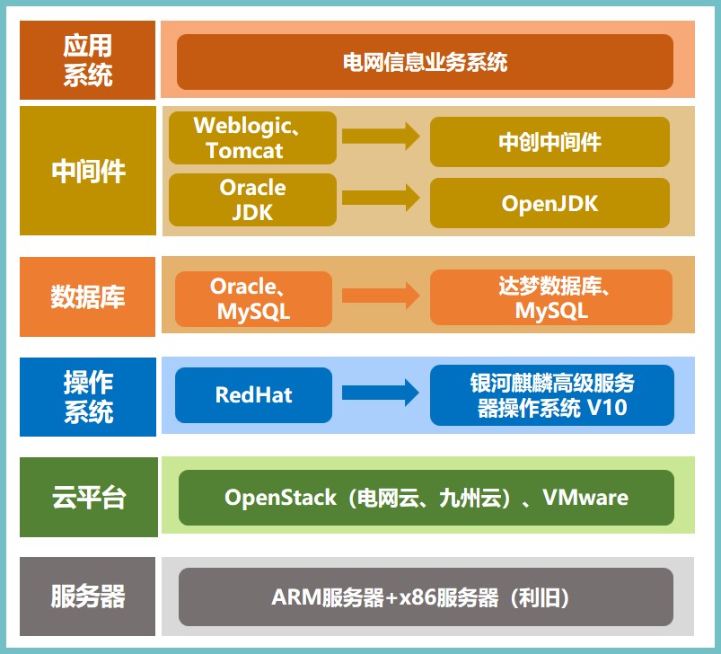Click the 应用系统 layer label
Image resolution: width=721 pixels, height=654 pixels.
coord(88,60)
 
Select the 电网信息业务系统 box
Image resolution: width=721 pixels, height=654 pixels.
coord(425,62)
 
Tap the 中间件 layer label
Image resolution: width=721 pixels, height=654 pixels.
coord(88,171)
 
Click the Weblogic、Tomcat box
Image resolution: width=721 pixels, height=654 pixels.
coord(252,137)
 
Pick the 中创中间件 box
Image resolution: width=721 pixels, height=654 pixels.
coord(550,141)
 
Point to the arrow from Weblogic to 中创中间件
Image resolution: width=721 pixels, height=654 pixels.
coord(381,137)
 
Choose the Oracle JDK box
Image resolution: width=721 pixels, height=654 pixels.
coord(252,199)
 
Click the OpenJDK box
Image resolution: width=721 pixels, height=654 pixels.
coord(550,203)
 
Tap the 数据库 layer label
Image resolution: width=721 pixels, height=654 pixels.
coord(88,296)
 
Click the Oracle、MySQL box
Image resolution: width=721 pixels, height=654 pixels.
coord(253,298)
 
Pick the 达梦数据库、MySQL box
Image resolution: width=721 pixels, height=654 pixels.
coord(550,297)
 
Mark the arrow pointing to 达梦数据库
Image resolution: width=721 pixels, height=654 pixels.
coord(381,296)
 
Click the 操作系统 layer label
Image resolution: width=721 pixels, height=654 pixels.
coord(88,396)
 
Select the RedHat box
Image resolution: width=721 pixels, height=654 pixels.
coord(253,394)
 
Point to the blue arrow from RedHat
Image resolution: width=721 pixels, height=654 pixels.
coord(381,393)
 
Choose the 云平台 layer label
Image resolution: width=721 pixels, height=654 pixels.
coord(88,497)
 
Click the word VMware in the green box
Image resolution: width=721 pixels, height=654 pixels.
coord(585,497)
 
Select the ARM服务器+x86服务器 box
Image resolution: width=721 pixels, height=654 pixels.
coord(426,597)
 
